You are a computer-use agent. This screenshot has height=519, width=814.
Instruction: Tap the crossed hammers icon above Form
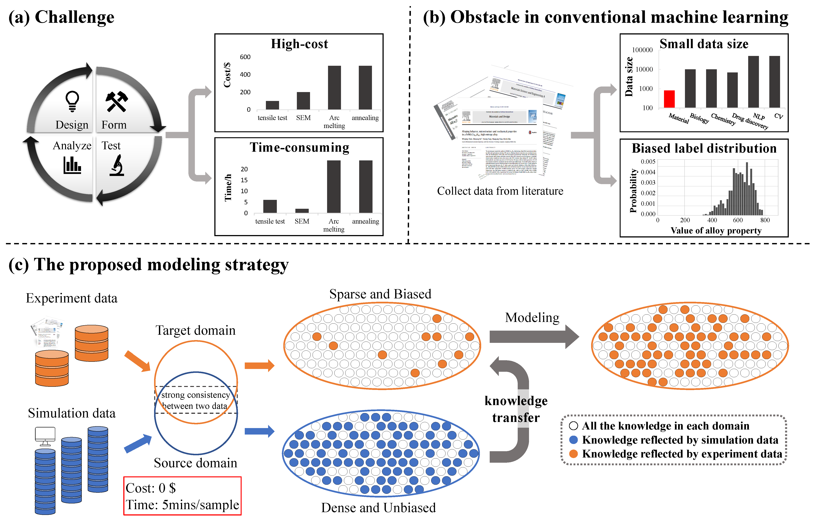point(116,101)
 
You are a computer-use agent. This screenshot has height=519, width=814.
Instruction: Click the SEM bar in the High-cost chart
point(303,101)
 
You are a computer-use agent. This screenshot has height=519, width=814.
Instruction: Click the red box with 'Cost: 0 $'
point(182,496)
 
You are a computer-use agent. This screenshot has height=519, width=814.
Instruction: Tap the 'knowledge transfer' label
point(516,409)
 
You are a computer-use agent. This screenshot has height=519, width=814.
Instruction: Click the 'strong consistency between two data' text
point(195,400)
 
